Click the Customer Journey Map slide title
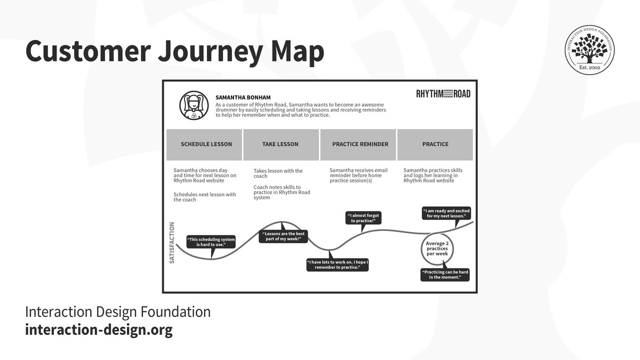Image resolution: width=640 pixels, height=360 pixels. (x=174, y=52)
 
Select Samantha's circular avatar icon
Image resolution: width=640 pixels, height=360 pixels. (x=194, y=106)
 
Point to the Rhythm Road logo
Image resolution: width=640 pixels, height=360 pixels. (x=443, y=94)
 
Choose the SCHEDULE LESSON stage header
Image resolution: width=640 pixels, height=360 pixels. (x=206, y=144)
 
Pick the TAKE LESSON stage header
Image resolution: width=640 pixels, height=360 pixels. (x=280, y=144)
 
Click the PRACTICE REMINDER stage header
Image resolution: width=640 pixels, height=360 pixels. (x=360, y=144)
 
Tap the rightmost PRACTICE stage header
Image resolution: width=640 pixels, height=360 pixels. (x=435, y=144)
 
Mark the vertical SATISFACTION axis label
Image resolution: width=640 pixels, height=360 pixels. (x=172, y=243)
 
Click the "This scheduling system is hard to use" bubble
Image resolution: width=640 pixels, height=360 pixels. (x=211, y=242)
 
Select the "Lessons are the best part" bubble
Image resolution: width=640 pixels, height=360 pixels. (x=284, y=236)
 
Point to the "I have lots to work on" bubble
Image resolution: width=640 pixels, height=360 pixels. (x=338, y=265)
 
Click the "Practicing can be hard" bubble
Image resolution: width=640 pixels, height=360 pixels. (x=445, y=275)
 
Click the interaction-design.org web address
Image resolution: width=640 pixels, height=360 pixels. (x=99, y=330)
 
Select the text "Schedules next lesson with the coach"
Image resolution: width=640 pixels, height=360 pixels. (x=205, y=197)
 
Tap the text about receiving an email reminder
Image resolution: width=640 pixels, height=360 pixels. (x=358, y=175)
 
